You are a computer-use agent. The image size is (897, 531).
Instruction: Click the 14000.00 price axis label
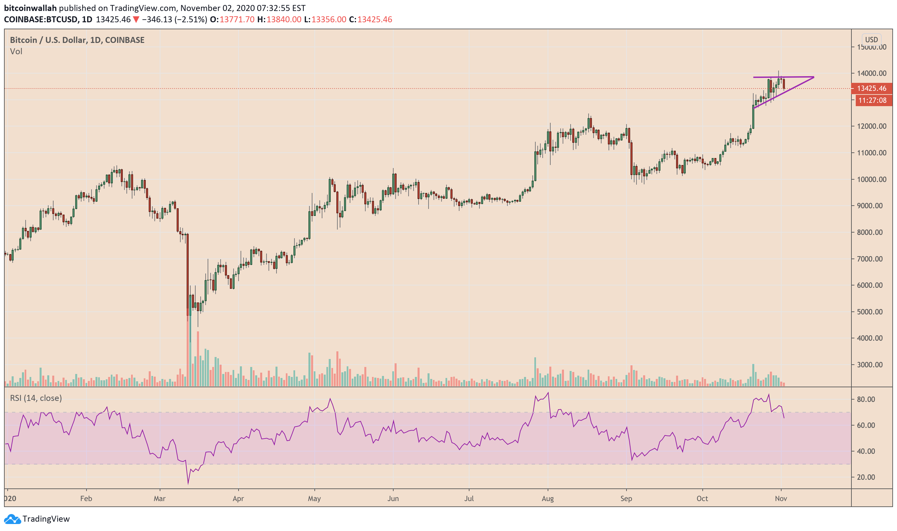coord(871,73)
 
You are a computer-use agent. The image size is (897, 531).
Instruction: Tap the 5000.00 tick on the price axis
coord(871,312)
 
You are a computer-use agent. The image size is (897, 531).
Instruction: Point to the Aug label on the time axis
coord(547,498)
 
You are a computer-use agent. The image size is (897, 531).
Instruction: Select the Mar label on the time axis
coord(160,498)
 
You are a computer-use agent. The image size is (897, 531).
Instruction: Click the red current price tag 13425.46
coord(871,88)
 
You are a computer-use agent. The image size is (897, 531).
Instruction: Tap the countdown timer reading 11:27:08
coord(872,100)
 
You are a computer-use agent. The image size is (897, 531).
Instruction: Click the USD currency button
coord(871,40)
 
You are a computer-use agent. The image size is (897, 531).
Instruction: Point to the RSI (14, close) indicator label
coord(36,398)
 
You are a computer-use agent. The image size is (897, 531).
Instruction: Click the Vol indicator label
coord(16,52)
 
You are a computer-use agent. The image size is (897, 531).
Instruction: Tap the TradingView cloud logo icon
coord(12,519)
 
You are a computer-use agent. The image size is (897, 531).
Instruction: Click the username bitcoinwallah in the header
coord(30,8)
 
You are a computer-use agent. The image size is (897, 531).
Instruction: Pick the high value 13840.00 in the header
coord(284,19)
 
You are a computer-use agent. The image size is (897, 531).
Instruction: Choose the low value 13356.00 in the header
coord(328,19)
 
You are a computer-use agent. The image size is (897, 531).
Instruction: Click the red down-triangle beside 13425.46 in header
coord(136,19)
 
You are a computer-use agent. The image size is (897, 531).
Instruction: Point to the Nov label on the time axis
coord(780,498)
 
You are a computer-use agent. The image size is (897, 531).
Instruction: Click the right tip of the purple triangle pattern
coord(813,77)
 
